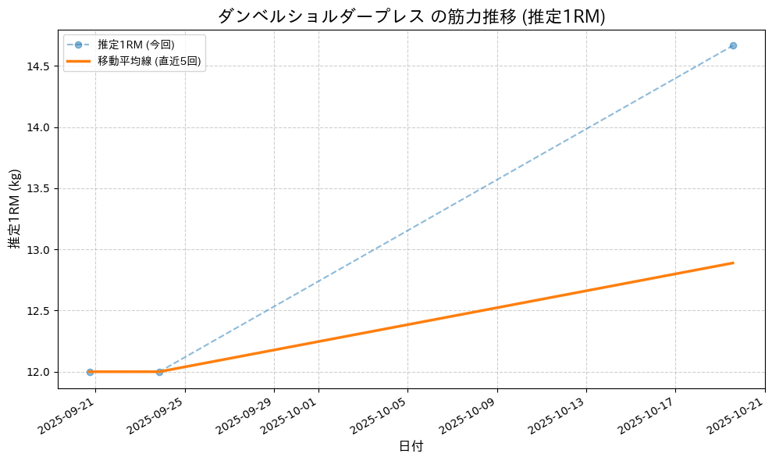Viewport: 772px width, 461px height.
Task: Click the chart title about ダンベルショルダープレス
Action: click(x=411, y=16)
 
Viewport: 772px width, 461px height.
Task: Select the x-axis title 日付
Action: click(x=411, y=447)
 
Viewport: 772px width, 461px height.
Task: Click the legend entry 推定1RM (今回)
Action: click(x=136, y=45)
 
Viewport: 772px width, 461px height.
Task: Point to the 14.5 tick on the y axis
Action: click(x=38, y=66)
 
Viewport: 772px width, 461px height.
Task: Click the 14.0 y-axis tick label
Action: click(x=38, y=127)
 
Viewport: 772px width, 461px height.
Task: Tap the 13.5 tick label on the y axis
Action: click(x=38, y=189)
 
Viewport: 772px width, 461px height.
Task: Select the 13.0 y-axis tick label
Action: click(x=38, y=250)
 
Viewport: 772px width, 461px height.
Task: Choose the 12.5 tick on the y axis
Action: click(x=38, y=311)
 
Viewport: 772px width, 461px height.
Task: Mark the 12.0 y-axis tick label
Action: click(x=38, y=372)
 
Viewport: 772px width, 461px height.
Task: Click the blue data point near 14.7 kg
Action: click(x=733, y=45)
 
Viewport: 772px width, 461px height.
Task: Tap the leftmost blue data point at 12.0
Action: click(x=90, y=372)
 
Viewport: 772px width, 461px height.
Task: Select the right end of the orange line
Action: click(x=733, y=263)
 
